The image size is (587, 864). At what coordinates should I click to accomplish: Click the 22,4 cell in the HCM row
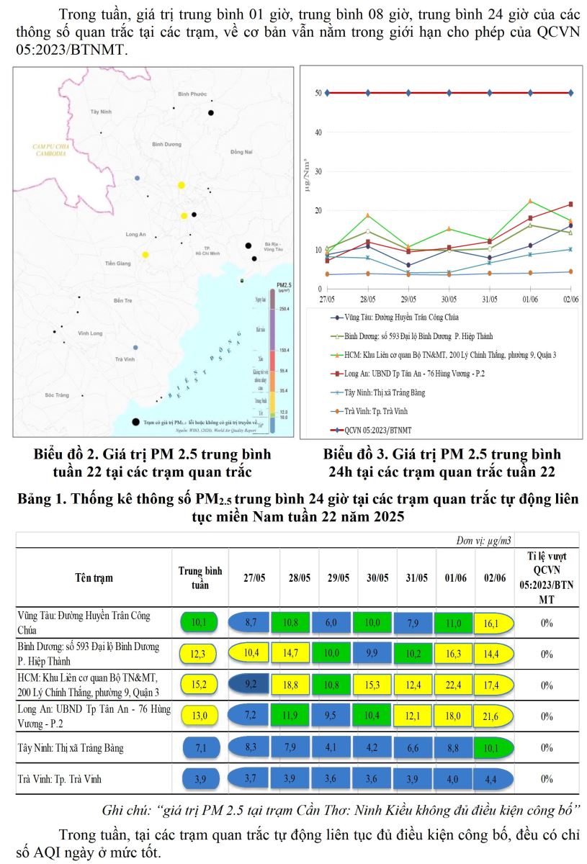pyautogui.click(x=453, y=685)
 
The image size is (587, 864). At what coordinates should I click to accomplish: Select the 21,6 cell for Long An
pyautogui.click(x=493, y=716)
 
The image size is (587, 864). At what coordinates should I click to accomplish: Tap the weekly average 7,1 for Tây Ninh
pyautogui.click(x=200, y=747)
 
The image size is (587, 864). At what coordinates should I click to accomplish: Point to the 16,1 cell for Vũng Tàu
pyautogui.click(x=493, y=623)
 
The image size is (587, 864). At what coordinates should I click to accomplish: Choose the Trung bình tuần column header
pyautogui.click(x=200, y=577)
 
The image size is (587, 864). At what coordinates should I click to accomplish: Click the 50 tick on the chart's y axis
pyautogui.click(x=318, y=93)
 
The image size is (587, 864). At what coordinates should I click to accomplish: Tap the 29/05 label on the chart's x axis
pyautogui.click(x=408, y=299)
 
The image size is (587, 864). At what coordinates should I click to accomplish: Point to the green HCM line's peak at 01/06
pyautogui.click(x=530, y=202)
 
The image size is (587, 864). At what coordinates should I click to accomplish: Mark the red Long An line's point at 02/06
pyautogui.click(x=571, y=204)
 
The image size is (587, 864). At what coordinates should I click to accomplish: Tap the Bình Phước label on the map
pyautogui.click(x=192, y=94)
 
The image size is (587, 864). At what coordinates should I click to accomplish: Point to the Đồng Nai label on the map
pyautogui.click(x=241, y=152)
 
